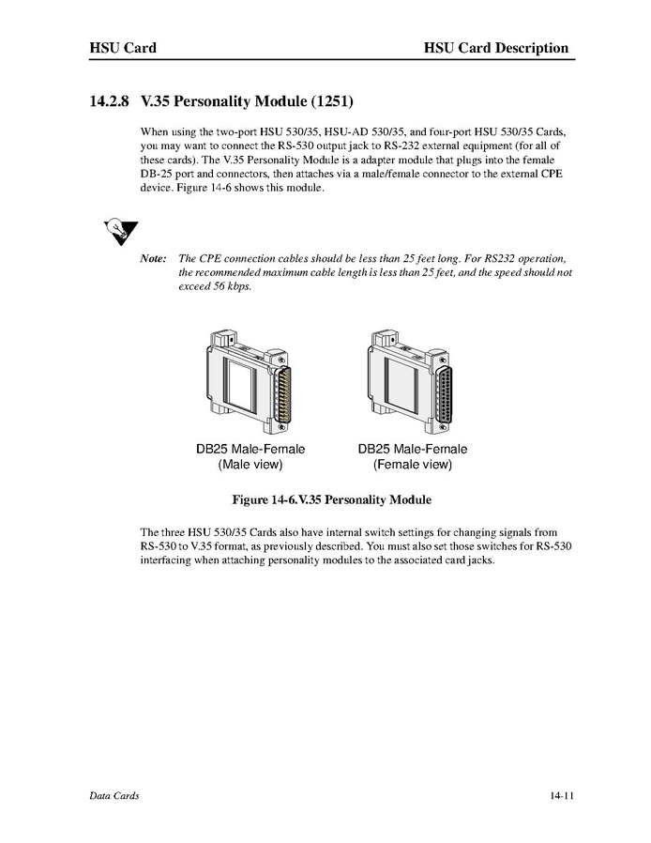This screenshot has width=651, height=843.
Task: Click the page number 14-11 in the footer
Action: click(x=562, y=796)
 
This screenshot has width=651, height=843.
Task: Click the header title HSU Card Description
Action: click(x=495, y=48)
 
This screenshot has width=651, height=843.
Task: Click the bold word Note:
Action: click(x=153, y=258)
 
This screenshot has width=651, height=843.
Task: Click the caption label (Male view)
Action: click(x=250, y=464)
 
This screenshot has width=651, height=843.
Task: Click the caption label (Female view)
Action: click(x=412, y=464)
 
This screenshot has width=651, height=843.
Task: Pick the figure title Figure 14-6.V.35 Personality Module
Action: click(x=325, y=499)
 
